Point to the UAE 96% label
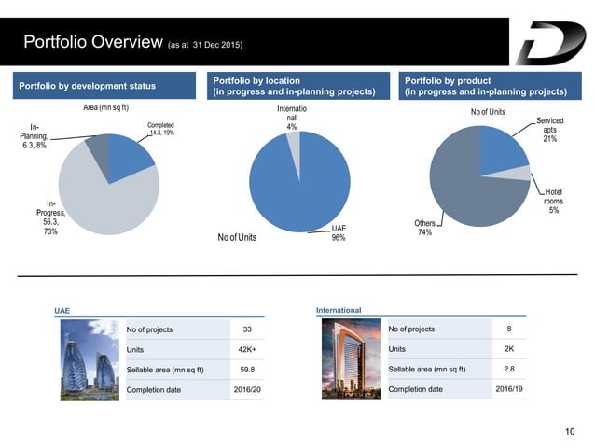[338, 232]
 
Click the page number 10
[572, 431]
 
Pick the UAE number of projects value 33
[247, 329]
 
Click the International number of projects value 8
[508, 329]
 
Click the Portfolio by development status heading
[88, 87]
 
